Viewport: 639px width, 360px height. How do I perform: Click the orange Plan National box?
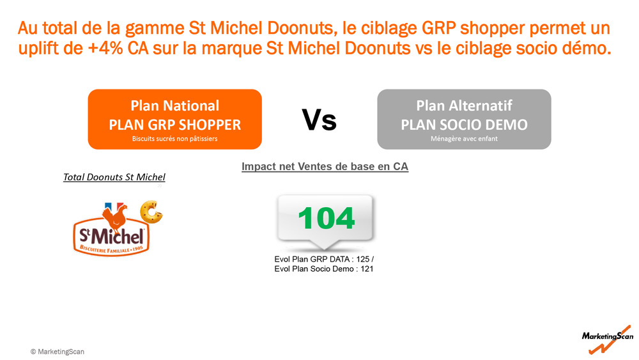tap(175, 119)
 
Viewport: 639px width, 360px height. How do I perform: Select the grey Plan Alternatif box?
tap(464, 119)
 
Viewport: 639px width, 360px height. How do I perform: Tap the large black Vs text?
tap(319, 120)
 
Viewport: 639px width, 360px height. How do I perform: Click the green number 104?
tap(326, 218)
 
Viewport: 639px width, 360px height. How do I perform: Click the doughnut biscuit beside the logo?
tap(151, 212)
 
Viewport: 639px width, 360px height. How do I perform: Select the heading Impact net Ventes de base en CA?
tap(325, 166)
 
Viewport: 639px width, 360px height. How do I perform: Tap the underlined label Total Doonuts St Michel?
tap(114, 177)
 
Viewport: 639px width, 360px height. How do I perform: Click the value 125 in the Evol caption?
tap(363, 260)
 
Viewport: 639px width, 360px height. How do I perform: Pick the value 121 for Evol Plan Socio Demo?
tap(367, 269)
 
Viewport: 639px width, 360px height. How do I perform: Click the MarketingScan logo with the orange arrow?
tap(608, 339)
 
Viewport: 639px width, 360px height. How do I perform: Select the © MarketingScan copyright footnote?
tap(58, 352)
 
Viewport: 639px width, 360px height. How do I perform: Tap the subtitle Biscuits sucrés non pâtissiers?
tap(175, 139)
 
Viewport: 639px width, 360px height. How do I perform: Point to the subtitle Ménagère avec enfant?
tap(464, 139)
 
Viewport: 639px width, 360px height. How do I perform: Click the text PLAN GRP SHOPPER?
tap(175, 125)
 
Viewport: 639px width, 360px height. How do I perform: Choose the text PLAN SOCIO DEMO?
tap(464, 125)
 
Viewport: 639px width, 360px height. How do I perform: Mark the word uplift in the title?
tap(51, 49)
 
